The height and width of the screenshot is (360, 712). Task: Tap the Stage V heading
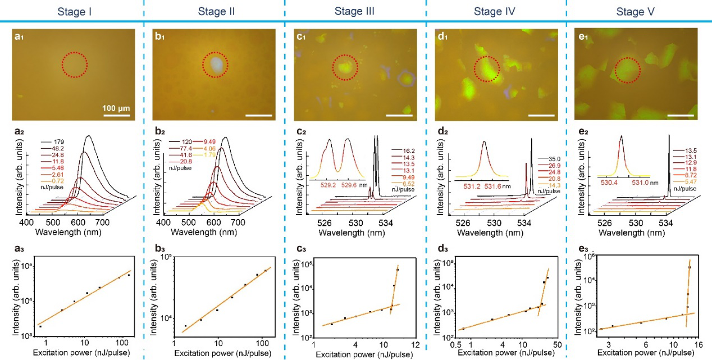point(637,11)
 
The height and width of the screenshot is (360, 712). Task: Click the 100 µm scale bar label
point(117,107)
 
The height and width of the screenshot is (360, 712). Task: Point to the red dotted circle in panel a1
point(75,65)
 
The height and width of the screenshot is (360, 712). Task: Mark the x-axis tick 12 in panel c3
point(415,344)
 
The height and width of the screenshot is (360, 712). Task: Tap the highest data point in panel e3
point(689,267)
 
